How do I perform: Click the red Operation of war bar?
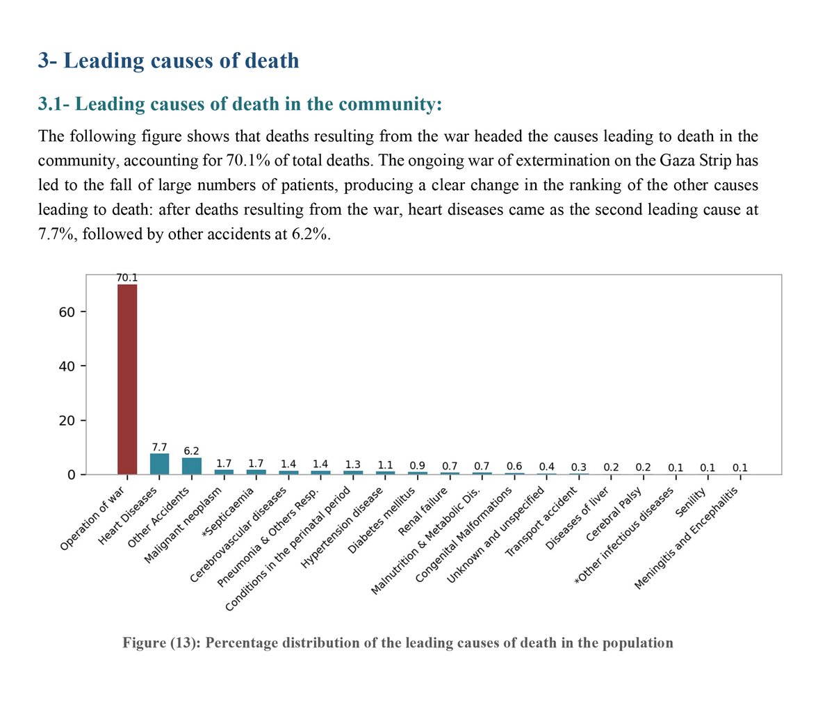[127, 379]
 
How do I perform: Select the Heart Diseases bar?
[159, 464]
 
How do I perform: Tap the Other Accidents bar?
[192, 466]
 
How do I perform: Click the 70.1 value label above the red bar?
[127, 277]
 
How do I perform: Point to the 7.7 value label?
[159, 447]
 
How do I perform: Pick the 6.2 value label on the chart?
[191, 451]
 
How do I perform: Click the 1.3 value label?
[352, 464]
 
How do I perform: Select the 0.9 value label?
[417, 466]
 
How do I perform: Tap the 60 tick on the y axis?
[67, 312]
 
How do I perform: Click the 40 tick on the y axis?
[67, 366]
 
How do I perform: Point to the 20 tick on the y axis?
[67, 421]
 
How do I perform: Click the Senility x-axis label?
[691, 503]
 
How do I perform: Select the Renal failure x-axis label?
[423, 512]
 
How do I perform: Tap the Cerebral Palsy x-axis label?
[614, 514]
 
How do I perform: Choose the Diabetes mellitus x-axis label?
[382, 520]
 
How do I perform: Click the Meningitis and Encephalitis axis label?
[686, 538]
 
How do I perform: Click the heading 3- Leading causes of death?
[169, 60]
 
